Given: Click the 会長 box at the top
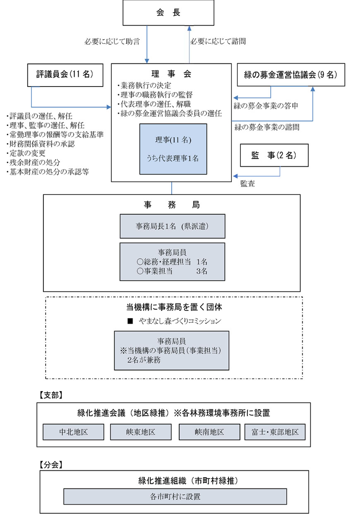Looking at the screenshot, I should pos(168,12).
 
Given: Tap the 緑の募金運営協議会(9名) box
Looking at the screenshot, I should pos(290,74).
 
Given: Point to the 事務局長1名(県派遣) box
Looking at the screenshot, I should pos(172,226).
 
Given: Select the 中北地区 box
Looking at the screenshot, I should pos(73,432).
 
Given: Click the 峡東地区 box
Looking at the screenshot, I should pos(141,432).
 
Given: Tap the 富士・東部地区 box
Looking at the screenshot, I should pos(275,432).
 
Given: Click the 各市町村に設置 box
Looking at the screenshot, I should pos(175,496).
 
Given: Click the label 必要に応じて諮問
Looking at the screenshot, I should pos(218,41).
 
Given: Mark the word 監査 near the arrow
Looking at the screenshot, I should pos(247,184).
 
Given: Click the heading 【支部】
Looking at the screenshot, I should pos(50,395).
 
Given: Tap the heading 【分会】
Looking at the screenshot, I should pos(50,464).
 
